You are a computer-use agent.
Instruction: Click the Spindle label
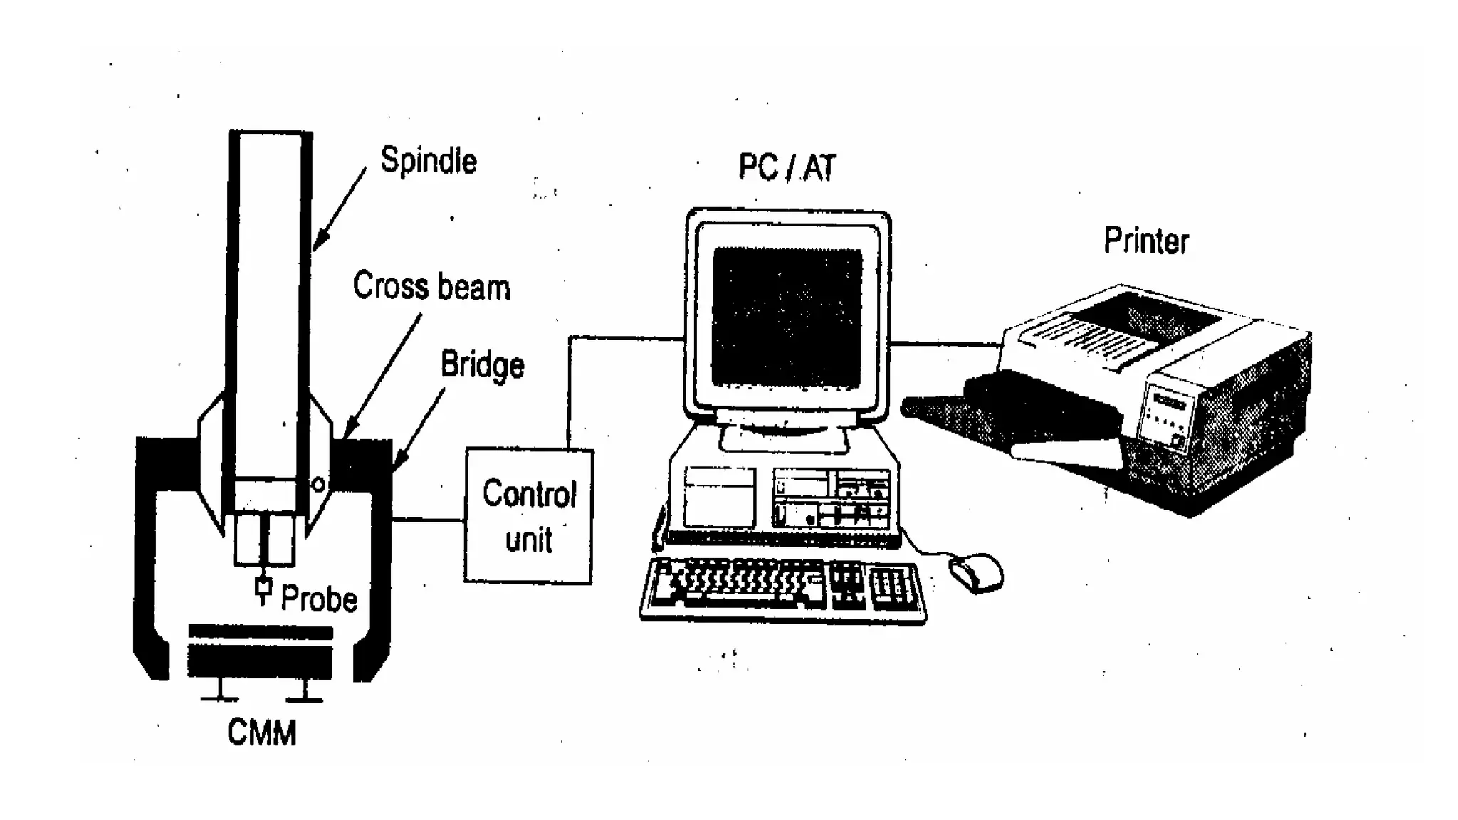coord(428,161)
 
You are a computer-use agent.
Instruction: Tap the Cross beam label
coord(431,287)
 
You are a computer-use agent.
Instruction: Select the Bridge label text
coord(482,364)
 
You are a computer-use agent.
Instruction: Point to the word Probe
coord(319,599)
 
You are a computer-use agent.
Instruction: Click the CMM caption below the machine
coord(261,733)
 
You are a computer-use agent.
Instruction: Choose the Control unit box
coord(528,516)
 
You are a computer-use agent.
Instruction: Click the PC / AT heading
coord(787,168)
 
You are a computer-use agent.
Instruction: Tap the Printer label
coord(1145,241)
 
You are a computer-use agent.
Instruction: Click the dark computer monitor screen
coord(787,317)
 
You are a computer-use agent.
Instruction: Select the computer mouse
coord(976,572)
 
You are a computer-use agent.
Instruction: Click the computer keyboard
coord(783,590)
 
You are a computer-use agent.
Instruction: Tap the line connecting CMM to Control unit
coord(428,520)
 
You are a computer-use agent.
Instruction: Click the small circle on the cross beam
coord(318,485)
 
